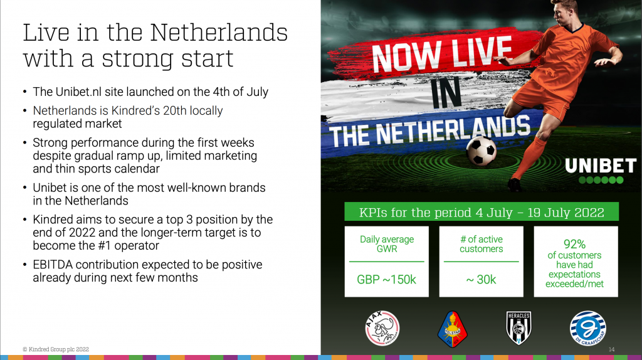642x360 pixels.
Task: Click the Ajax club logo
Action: pyautogui.click(x=382, y=328)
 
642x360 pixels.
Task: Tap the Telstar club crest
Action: pyautogui.click(x=453, y=329)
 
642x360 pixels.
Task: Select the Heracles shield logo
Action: pyautogui.click(x=518, y=328)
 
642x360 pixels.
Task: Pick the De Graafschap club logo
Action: pyautogui.click(x=588, y=328)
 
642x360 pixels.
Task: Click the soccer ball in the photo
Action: pyautogui.click(x=481, y=151)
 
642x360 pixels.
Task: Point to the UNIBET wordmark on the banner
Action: pyautogui.click(x=601, y=166)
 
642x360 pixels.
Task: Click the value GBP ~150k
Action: pyautogui.click(x=386, y=280)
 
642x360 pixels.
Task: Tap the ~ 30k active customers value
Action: pyautogui.click(x=481, y=280)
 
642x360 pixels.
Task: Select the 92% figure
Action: pyautogui.click(x=574, y=244)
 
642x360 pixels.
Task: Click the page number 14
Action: pyautogui.click(x=611, y=349)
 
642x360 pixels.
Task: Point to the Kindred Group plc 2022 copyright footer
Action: pyautogui.click(x=56, y=349)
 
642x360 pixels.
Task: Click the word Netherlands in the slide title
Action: pyautogui.click(x=219, y=33)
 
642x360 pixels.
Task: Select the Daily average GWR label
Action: pyautogui.click(x=387, y=244)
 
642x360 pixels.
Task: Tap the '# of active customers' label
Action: pyautogui.click(x=481, y=244)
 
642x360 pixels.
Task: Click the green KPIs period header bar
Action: pyautogui.click(x=481, y=212)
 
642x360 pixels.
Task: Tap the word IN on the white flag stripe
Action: pyautogui.click(x=446, y=94)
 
